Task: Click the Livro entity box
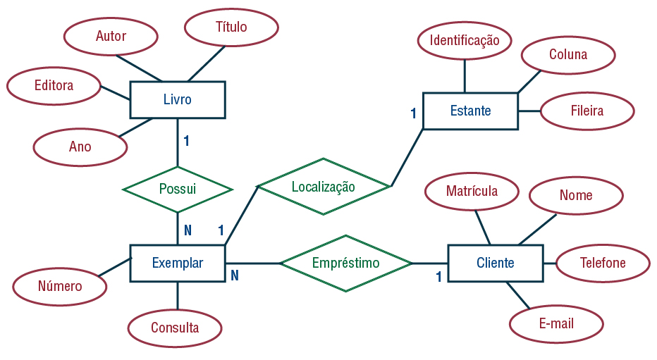[x=178, y=99]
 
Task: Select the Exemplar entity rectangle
[x=178, y=263]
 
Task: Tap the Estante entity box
[x=470, y=111]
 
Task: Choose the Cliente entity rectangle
[x=496, y=263]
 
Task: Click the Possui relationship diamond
[x=178, y=190]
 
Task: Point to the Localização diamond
[x=324, y=187]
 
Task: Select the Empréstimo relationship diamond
[x=345, y=263]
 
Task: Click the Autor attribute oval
[x=111, y=36]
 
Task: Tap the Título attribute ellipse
[x=231, y=27]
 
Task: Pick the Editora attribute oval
[x=54, y=85]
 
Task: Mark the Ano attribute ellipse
[x=80, y=147]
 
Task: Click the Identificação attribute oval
[x=465, y=41]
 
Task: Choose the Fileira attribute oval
[x=587, y=111]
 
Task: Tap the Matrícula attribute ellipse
[x=472, y=192]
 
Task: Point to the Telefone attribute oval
[x=603, y=263]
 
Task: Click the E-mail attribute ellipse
[x=556, y=324]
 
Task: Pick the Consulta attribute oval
[x=175, y=328]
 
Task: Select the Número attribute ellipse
[x=60, y=287]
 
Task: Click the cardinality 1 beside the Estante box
[x=414, y=113]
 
